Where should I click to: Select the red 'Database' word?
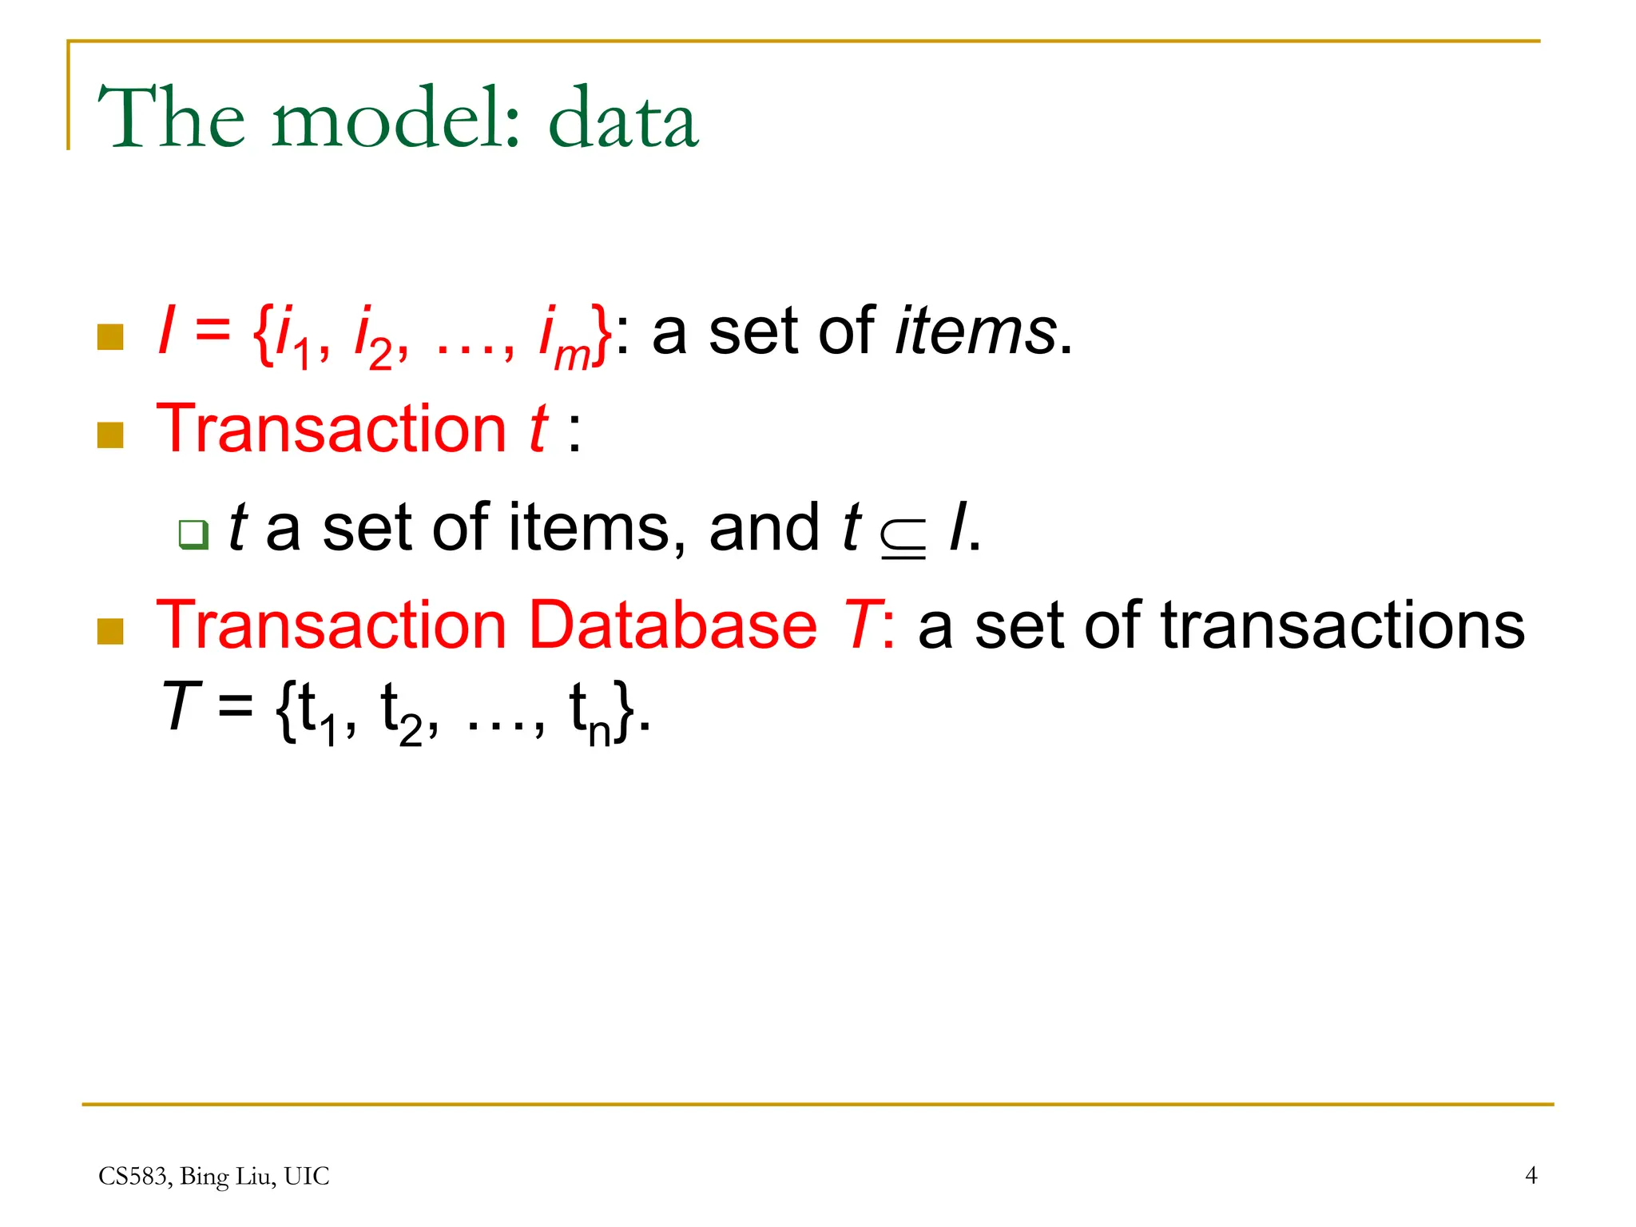(673, 625)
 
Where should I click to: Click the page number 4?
(1531, 1175)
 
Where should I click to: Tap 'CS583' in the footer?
(133, 1176)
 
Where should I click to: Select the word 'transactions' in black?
(1342, 625)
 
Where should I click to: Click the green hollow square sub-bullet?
(193, 534)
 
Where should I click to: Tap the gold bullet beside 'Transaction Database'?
(110, 631)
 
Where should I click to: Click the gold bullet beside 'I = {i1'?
(110, 337)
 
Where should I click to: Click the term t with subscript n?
(590, 713)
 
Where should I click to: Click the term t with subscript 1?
(317, 713)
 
